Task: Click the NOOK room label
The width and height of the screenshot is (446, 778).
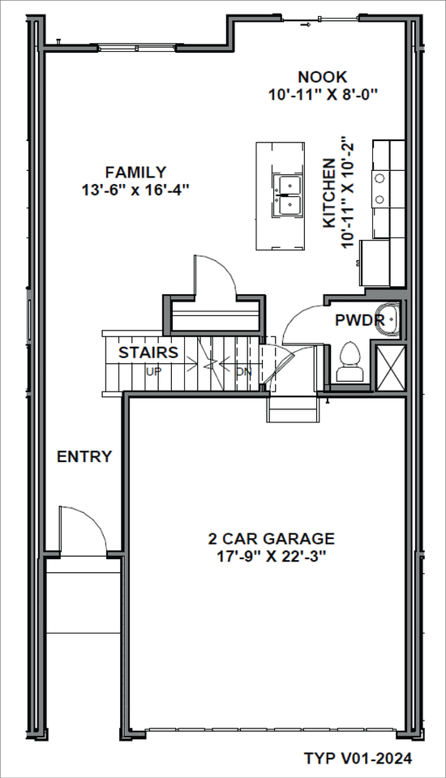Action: click(x=322, y=77)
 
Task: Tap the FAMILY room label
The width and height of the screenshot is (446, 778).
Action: click(x=135, y=172)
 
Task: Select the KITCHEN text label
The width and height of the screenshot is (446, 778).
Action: click(x=330, y=193)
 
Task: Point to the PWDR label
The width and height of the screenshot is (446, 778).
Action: click(x=359, y=320)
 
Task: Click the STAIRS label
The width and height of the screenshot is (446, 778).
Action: click(x=148, y=353)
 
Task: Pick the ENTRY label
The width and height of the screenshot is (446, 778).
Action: click(x=84, y=457)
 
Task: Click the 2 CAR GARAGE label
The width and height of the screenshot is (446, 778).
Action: click(x=271, y=539)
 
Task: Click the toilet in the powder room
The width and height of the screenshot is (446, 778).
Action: click(x=351, y=361)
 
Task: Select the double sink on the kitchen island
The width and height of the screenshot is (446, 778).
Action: click(x=287, y=195)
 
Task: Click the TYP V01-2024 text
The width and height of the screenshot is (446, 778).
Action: click(x=358, y=759)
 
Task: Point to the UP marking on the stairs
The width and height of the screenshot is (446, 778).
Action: click(x=152, y=372)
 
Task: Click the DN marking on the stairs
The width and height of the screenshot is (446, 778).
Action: click(x=243, y=372)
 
